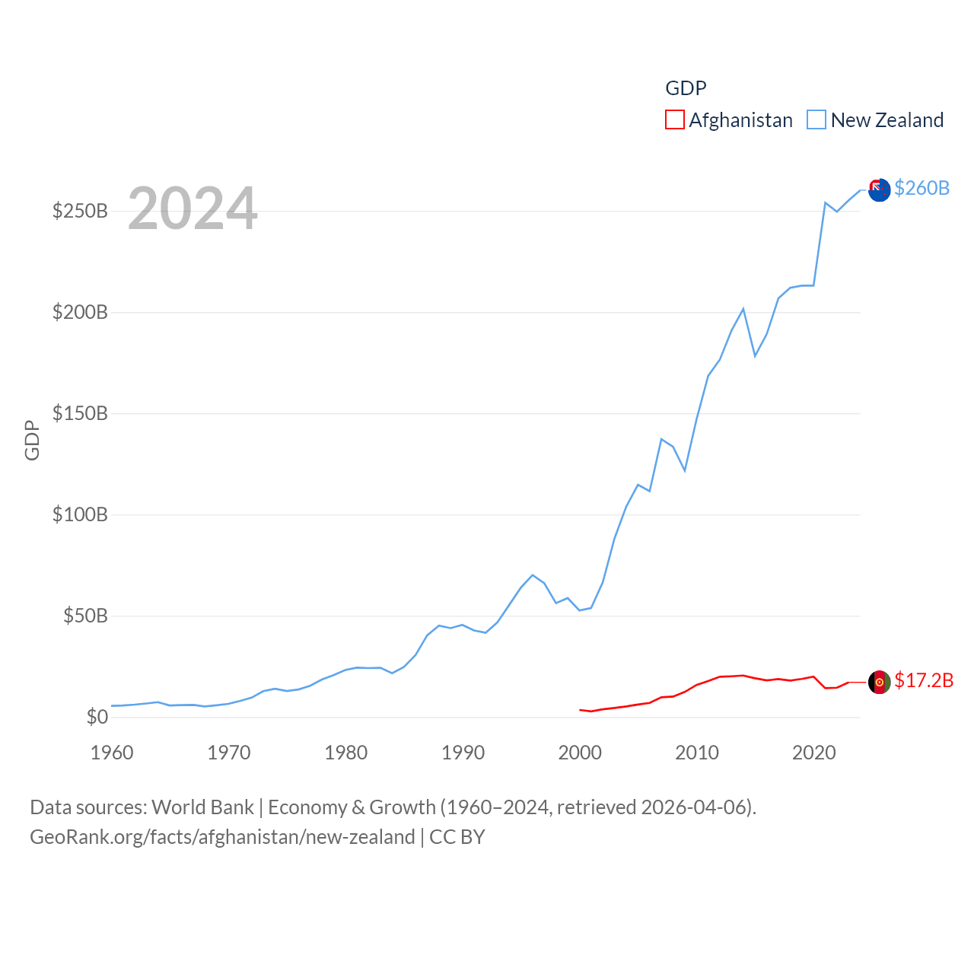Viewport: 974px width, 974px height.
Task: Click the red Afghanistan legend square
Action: pos(674,120)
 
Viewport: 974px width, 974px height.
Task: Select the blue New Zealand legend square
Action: pos(816,120)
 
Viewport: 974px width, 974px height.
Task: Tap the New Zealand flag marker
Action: pos(879,190)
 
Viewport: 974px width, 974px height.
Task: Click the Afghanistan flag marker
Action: pos(879,682)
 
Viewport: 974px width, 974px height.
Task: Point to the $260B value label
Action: pos(921,188)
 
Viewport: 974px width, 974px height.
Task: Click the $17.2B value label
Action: pos(924,680)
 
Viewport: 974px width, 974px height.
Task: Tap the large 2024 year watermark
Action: pos(193,208)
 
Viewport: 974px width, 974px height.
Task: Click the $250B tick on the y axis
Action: pos(80,211)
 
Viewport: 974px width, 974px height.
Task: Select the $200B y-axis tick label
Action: pos(80,312)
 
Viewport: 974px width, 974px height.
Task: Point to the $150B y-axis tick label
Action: pos(80,413)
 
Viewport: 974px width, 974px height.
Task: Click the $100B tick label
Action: pos(80,514)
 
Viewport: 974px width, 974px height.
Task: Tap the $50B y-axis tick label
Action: pos(85,616)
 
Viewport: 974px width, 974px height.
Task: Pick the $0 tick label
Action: pos(97,717)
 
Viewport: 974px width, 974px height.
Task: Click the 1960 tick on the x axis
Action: pos(112,753)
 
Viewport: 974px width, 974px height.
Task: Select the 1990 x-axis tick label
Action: pos(463,753)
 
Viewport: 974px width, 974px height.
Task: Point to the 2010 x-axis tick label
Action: pos(697,753)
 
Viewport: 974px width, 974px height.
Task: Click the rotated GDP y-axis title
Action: pos(32,440)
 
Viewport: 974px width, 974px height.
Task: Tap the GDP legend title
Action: pos(686,88)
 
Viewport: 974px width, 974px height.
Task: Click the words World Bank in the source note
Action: pos(202,807)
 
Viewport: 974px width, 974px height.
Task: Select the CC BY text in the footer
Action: pos(457,837)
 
